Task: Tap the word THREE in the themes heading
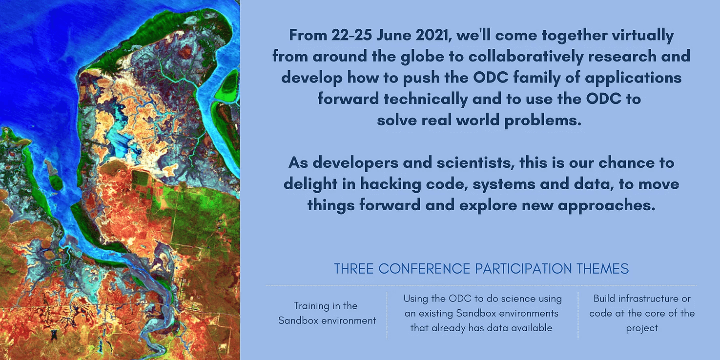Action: click(354, 269)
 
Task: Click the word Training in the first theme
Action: click(311, 306)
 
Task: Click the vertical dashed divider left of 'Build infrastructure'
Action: click(578, 315)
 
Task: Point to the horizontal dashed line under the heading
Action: click(481, 285)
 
